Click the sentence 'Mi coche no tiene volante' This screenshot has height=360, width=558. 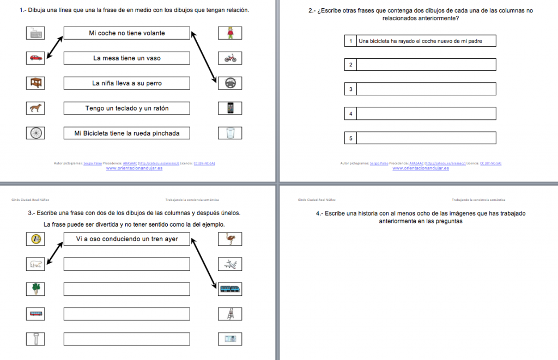pos(126,33)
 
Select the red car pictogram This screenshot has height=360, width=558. pos(36,58)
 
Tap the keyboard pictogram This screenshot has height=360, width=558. pos(36,33)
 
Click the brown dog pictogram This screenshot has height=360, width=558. pos(36,108)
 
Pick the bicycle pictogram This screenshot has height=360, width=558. pos(230,58)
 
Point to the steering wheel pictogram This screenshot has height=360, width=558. pos(230,83)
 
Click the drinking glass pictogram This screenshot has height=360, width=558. pos(230,133)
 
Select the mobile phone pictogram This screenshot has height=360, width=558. pos(230,108)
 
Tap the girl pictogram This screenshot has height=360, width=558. pos(230,33)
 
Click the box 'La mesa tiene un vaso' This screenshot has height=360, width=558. pos(126,58)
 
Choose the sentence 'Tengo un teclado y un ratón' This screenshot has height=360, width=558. pos(126,108)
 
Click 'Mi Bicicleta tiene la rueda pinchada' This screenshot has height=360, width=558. pos(126,133)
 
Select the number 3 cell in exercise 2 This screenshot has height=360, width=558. pos(350,89)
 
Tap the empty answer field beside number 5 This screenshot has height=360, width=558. pos(426,138)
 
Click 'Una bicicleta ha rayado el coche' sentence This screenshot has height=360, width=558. pos(420,41)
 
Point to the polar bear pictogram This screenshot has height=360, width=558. pos(36,264)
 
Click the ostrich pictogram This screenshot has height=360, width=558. pos(230,239)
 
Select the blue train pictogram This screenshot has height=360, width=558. pos(230,289)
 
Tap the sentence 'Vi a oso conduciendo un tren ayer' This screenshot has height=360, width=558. pos(126,239)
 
